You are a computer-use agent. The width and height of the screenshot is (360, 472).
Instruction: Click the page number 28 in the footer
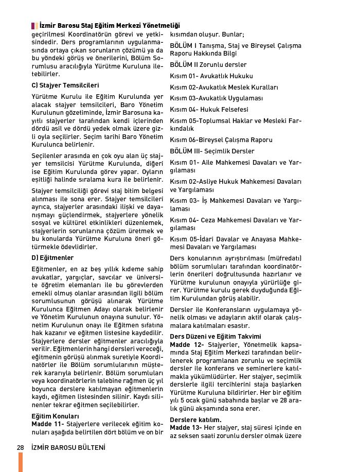(21, 447)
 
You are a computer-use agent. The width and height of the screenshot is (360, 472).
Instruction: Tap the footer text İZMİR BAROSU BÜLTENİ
(68, 447)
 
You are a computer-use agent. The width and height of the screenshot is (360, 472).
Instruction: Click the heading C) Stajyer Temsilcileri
(65, 85)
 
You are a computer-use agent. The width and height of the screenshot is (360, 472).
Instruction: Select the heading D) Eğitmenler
(52, 257)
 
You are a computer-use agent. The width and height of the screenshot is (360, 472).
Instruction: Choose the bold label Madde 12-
(187, 344)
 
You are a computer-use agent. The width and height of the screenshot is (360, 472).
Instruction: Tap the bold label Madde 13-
(187, 428)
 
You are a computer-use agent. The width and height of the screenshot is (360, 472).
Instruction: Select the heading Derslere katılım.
(195, 420)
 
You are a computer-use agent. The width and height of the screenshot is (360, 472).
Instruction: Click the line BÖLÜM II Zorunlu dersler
(208, 65)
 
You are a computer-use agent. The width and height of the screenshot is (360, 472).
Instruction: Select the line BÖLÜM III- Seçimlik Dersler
(212, 151)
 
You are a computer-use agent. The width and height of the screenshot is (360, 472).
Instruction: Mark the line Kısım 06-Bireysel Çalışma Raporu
(221, 140)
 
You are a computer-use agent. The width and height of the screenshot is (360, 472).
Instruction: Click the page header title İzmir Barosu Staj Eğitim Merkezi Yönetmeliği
(110, 25)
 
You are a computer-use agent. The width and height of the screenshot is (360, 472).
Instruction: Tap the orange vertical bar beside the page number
(21, 462)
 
